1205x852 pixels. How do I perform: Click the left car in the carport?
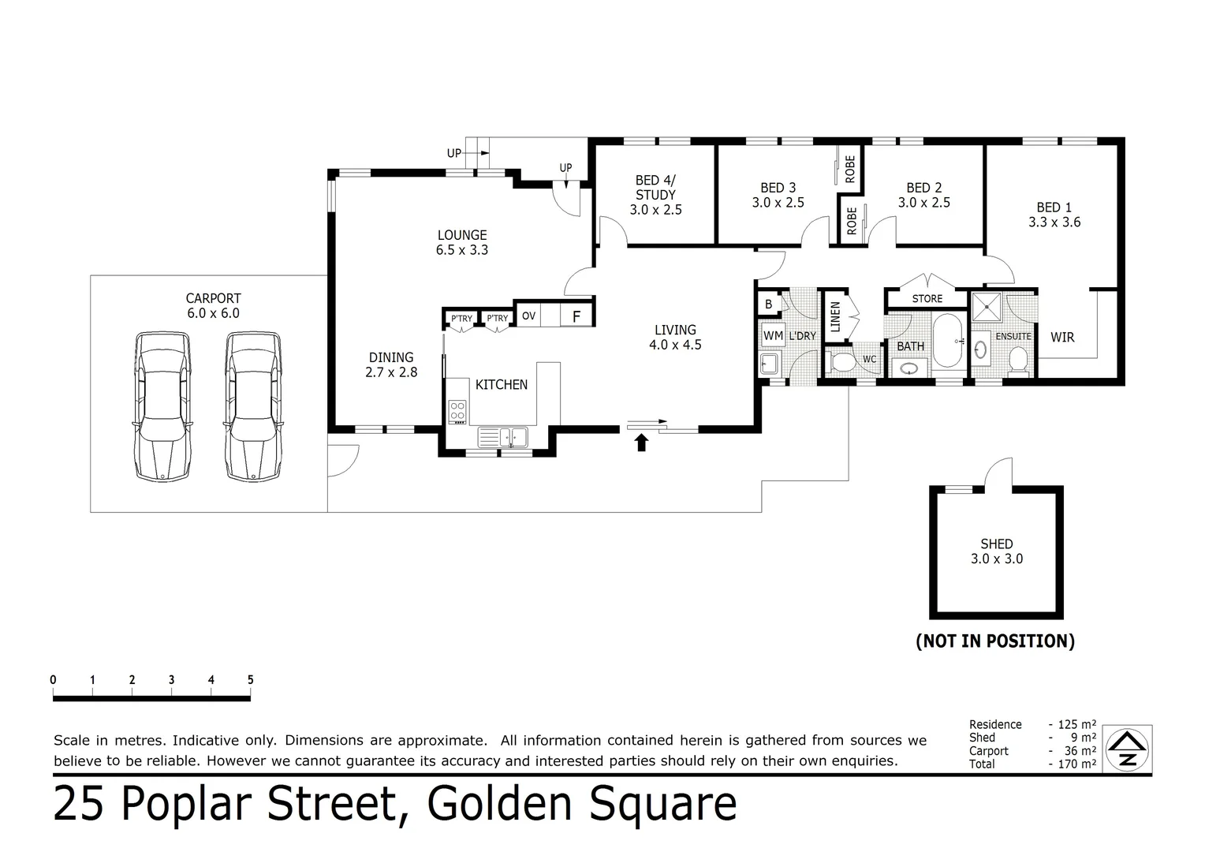tap(162, 406)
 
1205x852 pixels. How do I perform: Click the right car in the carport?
tap(252, 406)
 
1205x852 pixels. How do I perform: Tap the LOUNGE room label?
tap(462, 235)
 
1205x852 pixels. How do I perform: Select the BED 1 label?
tap(1054, 207)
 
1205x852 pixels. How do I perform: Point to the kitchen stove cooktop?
tap(457, 412)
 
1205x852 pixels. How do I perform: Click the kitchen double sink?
tap(502, 437)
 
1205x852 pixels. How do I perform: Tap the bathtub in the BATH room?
tap(947, 342)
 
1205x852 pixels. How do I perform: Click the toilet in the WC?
tap(841, 363)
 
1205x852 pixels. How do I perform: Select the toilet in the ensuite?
tap(1018, 361)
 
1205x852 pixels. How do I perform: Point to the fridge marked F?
tap(576, 316)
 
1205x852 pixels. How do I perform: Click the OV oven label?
tap(529, 316)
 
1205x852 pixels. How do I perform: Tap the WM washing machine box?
tap(773, 335)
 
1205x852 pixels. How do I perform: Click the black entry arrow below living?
tap(641, 443)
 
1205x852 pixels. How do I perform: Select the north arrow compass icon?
tap(1127, 749)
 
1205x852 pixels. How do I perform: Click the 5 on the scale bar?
tap(250, 680)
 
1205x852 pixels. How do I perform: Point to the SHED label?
tap(996, 544)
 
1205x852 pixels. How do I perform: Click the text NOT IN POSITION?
tap(995, 641)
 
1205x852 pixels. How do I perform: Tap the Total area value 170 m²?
tap(1076, 764)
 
